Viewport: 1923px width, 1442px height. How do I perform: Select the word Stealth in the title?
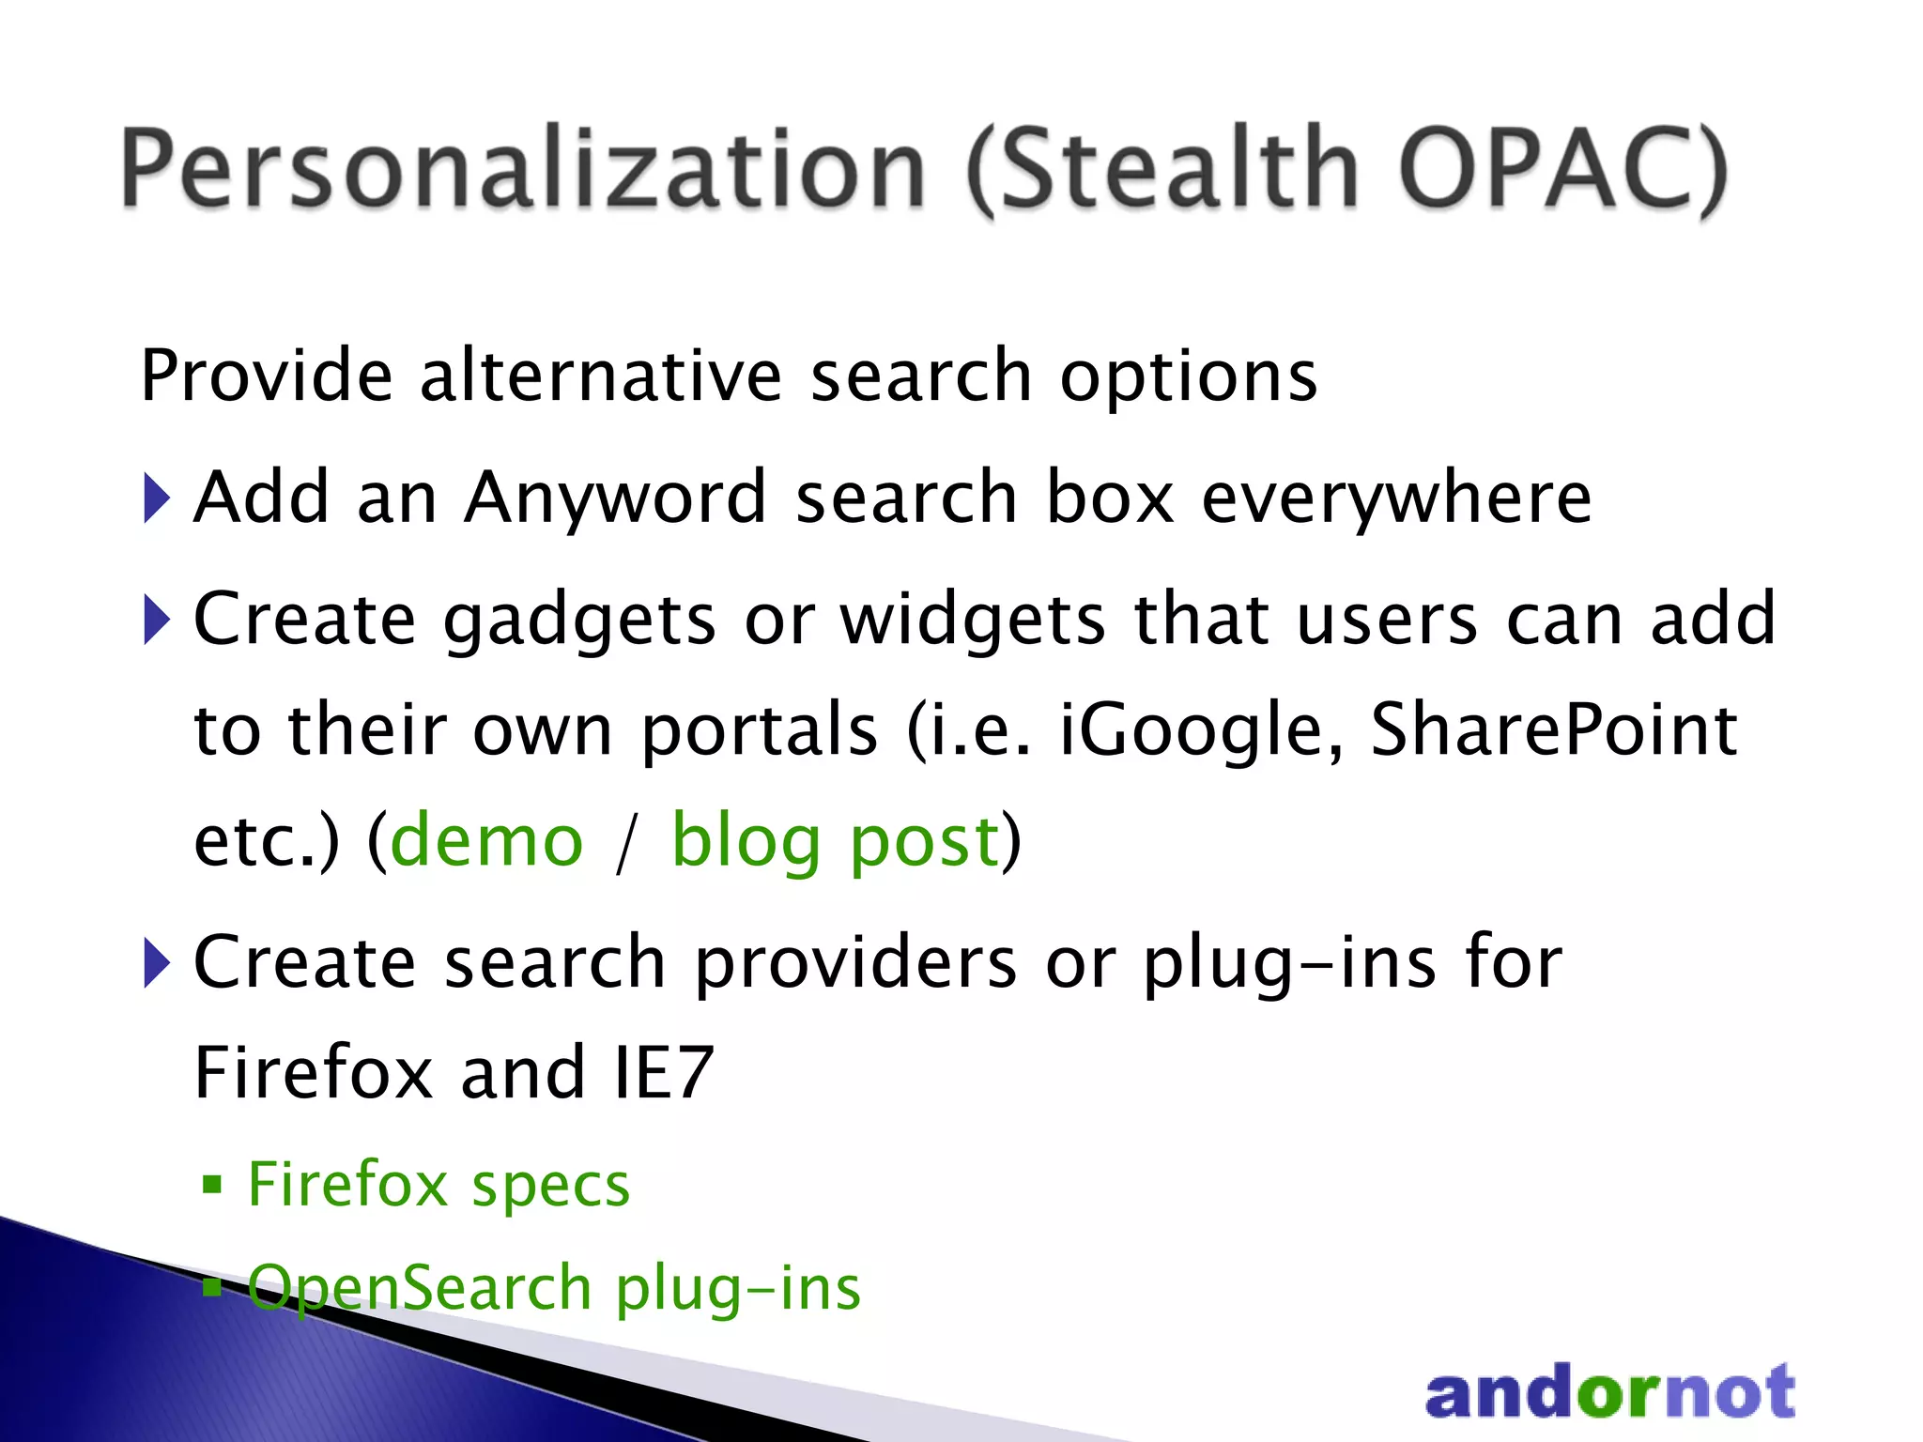1164,169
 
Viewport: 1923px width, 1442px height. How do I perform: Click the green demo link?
486,840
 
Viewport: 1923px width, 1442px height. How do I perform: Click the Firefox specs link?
438,1185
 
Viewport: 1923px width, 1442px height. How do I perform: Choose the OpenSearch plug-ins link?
554,1288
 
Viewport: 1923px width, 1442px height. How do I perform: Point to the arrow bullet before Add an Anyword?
157,499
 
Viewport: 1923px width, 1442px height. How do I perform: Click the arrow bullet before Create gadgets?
157,621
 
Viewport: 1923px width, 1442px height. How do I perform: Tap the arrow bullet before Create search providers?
157,963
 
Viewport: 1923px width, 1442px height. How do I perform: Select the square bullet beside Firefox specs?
212,1185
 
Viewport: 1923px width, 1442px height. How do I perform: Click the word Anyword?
616,499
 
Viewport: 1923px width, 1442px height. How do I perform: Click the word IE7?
663,1072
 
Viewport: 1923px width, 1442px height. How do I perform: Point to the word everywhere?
1396,499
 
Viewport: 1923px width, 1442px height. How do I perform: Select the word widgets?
973,621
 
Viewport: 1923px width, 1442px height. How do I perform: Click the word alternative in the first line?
600,376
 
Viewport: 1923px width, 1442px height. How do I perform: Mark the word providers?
855,963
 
